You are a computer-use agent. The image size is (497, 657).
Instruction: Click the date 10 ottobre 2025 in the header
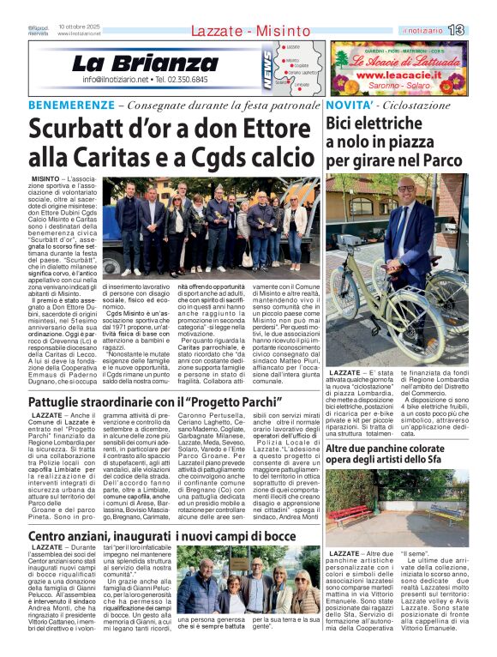click(x=80, y=27)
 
